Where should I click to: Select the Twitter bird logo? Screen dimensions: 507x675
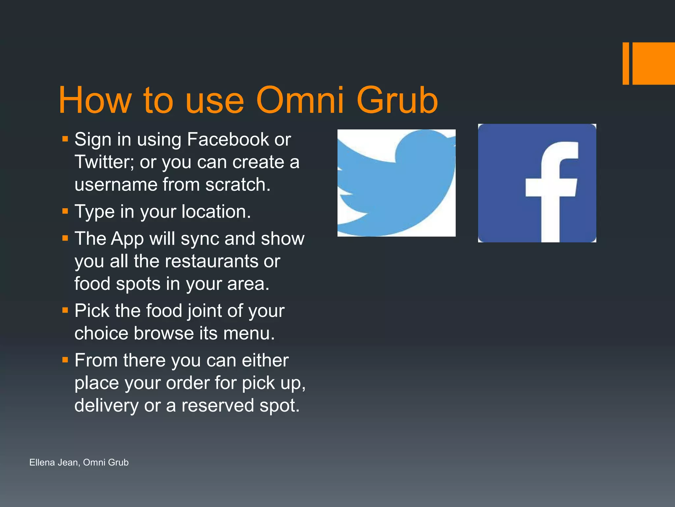pyautogui.click(x=396, y=183)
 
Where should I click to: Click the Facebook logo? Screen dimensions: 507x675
pyautogui.click(x=537, y=183)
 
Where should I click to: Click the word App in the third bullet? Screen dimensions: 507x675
pyautogui.click(x=127, y=239)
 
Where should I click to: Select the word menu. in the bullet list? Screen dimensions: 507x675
pyautogui.click(x=249, y=333)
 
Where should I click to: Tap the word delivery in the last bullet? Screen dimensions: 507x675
pyautogui.click(x=106, y=406)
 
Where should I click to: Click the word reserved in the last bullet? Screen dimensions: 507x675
pyautogui.click(x=218, y=406)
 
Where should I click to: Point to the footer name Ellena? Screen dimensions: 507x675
pyautogui.click(x=42, y=462)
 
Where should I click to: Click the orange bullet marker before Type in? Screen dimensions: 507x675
pyautogui.click(x=65, y=211)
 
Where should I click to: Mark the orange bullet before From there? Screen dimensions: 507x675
pyautogui.click(x=65, y=359)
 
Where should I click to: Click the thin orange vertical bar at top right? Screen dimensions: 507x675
pyautogui.click(x=626, y=63)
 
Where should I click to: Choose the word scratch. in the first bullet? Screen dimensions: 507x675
pyautogui.click(x=238, y=185)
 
